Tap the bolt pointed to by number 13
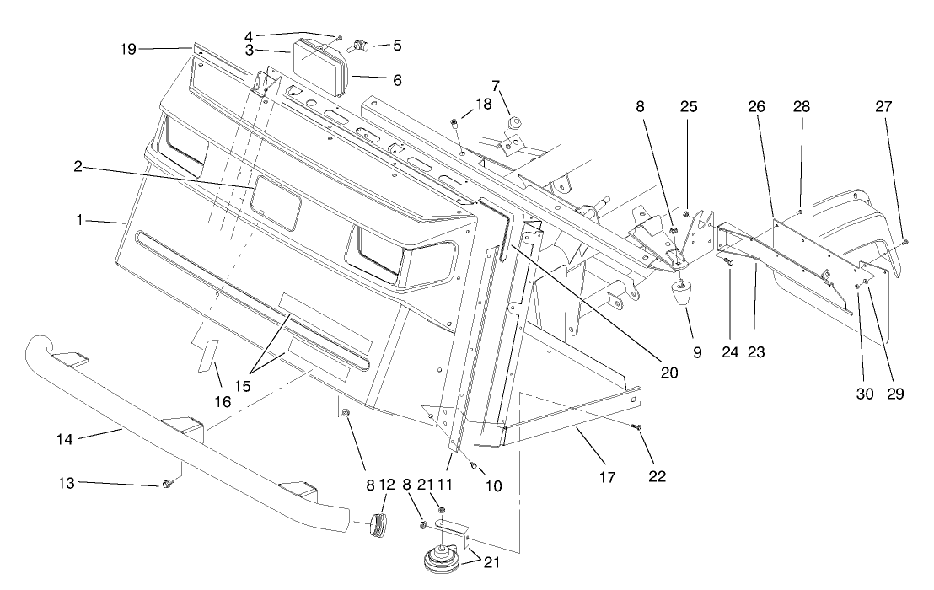tap(167, 484)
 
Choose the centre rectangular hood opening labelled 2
tap(276, 203)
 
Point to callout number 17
tap(607, 476)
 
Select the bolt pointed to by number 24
tap(729, 263)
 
